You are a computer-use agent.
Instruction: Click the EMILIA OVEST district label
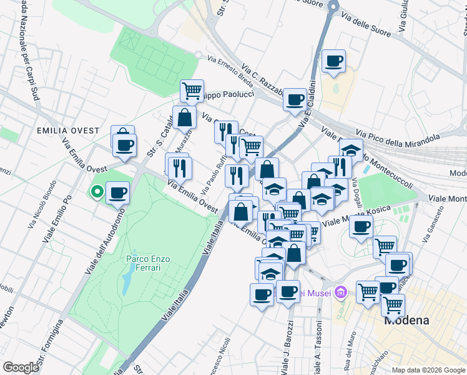click(x=68, y=131)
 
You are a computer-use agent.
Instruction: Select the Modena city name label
click(x=406, y=320)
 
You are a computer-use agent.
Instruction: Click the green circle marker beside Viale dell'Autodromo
click(x=97, y=192)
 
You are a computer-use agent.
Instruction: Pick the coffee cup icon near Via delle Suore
click(x=334, y=61)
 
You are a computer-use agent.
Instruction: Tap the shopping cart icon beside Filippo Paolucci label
click(x=192, y=90)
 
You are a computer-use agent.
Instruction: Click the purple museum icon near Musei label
click(x=340, y=292)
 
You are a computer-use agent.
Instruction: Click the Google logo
click(x=21, y=367)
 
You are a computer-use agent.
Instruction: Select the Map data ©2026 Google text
click(x=428, y=370)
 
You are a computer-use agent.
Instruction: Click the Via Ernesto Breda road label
click(x=230, y=70)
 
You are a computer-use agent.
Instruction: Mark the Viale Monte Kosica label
click(x=365, y=213)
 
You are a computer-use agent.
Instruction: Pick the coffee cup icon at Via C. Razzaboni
click(x=294, y=98)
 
